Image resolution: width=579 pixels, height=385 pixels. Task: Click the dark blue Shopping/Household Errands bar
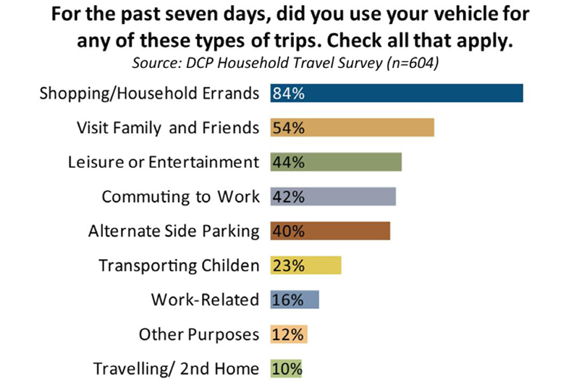click(397, 93)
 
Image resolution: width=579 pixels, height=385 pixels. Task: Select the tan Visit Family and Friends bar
click(352, 127)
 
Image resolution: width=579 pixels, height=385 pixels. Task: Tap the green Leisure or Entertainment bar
click(336, 162)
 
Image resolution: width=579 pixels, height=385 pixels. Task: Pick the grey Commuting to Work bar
click(333, 196)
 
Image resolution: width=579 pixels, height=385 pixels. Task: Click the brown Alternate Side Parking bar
click(330, 231)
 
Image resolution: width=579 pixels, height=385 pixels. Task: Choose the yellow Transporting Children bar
click(305, 266)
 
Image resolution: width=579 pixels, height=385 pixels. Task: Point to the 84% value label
click(289, 93)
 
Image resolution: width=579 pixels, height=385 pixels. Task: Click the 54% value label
click(289, 128)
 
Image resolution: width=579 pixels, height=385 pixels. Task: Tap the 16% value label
click(288, 300)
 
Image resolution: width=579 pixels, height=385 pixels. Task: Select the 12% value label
click(288, 335)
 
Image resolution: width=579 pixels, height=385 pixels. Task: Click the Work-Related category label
click(205, 300)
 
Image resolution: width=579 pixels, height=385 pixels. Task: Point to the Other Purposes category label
click(199, 334)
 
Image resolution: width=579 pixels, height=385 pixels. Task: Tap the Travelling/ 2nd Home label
click(176, 369)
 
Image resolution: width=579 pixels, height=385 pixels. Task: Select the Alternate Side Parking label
click(174, 232)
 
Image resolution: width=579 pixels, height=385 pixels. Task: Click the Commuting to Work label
click(180, 197)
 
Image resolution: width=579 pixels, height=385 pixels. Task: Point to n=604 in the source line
click(412, 63)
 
